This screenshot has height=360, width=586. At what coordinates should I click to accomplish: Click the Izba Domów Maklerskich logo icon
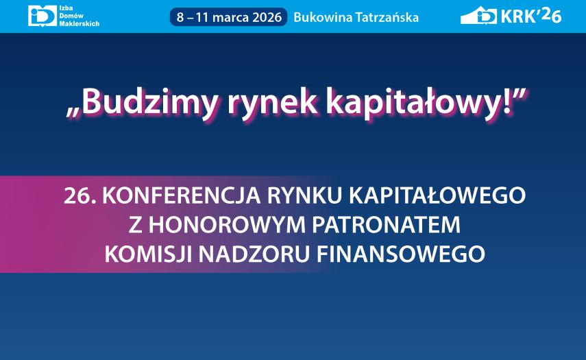(x=42, y=16)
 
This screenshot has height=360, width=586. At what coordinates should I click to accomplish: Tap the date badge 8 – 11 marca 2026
(x=229, y=17)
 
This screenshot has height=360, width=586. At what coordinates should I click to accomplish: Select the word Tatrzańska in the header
(x=385, y=17)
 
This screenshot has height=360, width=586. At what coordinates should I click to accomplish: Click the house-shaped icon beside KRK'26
(x=478, y=16)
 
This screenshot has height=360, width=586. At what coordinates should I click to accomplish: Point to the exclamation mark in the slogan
(x=506, y=101)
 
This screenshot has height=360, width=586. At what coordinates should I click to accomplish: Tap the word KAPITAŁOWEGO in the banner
(x=438, y=195)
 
